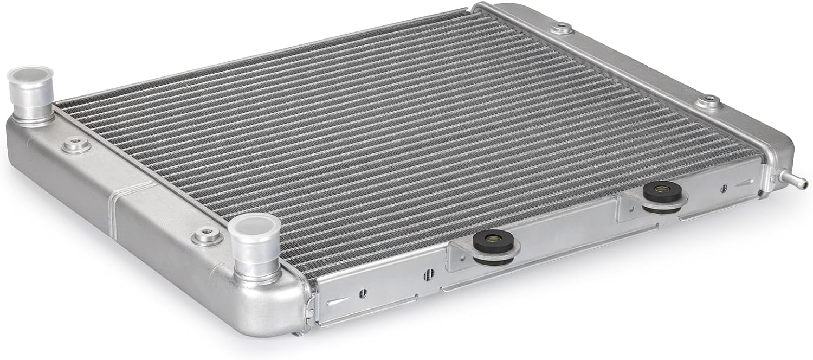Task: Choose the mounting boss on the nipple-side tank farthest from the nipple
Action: point(562,27)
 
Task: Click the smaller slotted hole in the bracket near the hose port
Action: point(363,293)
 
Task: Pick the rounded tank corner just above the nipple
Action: point(780,146)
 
